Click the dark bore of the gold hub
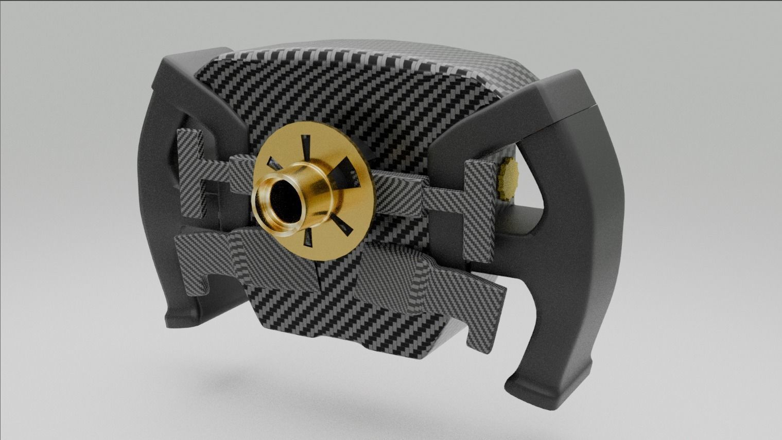pyautogui.click(x=282, y=200)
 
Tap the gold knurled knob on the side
pyautogui.click(x=507, y=179)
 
